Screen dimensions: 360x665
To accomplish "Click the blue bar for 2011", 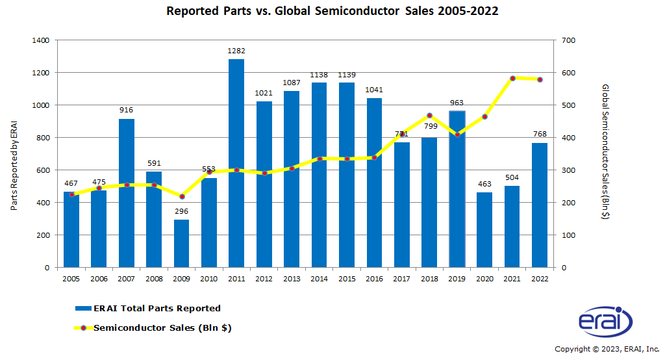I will (236, 162).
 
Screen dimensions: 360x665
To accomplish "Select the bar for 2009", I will (181, 243).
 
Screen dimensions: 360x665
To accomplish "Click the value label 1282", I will (236, 50).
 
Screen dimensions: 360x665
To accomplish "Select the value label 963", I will (457, 102).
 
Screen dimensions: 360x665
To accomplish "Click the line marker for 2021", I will (512, 78).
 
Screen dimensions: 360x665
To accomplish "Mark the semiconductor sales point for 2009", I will (182, 196).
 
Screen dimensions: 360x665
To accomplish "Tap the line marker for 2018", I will (429, 115).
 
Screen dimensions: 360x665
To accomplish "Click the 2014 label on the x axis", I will (320, 278).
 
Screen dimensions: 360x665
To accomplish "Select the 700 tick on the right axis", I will (569, 40).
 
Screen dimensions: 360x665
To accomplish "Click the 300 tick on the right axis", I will (569, 170).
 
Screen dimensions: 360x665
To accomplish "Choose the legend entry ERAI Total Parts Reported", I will (157, 308).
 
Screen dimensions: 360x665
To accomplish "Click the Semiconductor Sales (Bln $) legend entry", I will (162, 328).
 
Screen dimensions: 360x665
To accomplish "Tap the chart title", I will (332, 11).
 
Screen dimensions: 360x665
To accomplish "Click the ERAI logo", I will (605, 322).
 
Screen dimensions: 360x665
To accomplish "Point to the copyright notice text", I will (607, 349).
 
